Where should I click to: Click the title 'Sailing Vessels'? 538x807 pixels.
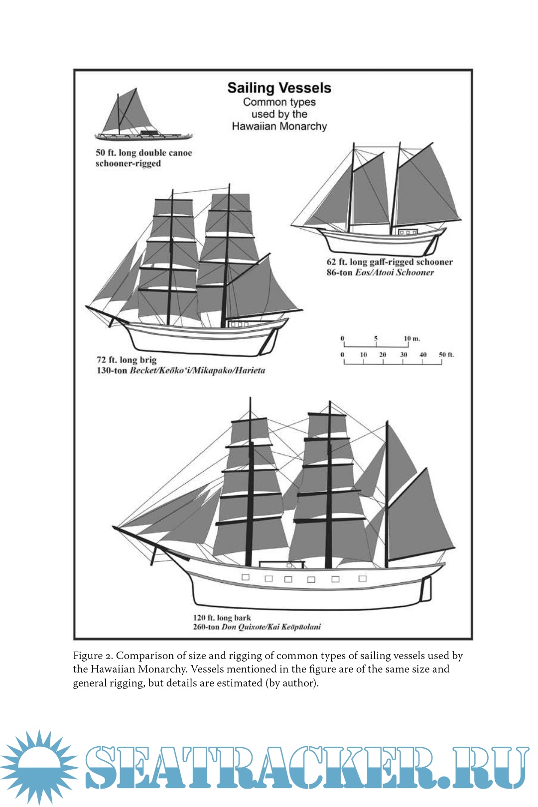coord(279,88)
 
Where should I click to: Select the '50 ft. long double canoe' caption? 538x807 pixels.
coord(143,153)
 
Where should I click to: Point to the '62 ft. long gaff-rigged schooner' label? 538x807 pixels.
coord(390,262)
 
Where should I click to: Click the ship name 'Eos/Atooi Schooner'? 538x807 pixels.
coord(394,272)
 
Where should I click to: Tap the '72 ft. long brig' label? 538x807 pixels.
coord(127,360)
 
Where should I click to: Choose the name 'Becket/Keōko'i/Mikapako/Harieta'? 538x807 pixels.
coord(197,371)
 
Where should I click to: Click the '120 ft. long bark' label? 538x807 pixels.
coord(222,618)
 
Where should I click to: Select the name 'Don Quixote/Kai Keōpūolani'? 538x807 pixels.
coord(271,627)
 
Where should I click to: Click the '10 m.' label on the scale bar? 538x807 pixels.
coord(412,339)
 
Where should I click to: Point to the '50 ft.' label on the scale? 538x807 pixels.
coord(446,355)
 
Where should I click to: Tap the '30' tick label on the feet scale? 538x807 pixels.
coord(403,355)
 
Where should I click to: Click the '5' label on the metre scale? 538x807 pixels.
coord(376,339)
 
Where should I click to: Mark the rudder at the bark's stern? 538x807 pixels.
coord(425,589)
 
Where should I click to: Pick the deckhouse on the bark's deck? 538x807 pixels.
coord(281,564)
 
